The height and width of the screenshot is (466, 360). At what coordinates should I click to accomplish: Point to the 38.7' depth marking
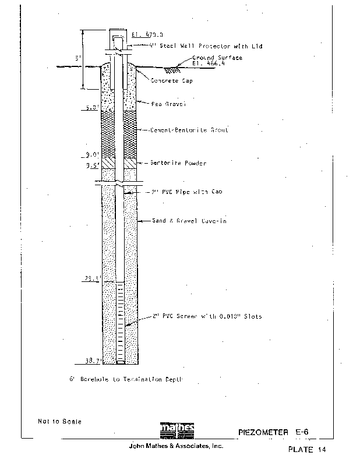tap(92, 361)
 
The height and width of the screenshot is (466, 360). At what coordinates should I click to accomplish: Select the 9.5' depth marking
tap(92, 165)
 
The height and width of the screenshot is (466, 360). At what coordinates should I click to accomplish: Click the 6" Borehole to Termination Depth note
tap(126, 379)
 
